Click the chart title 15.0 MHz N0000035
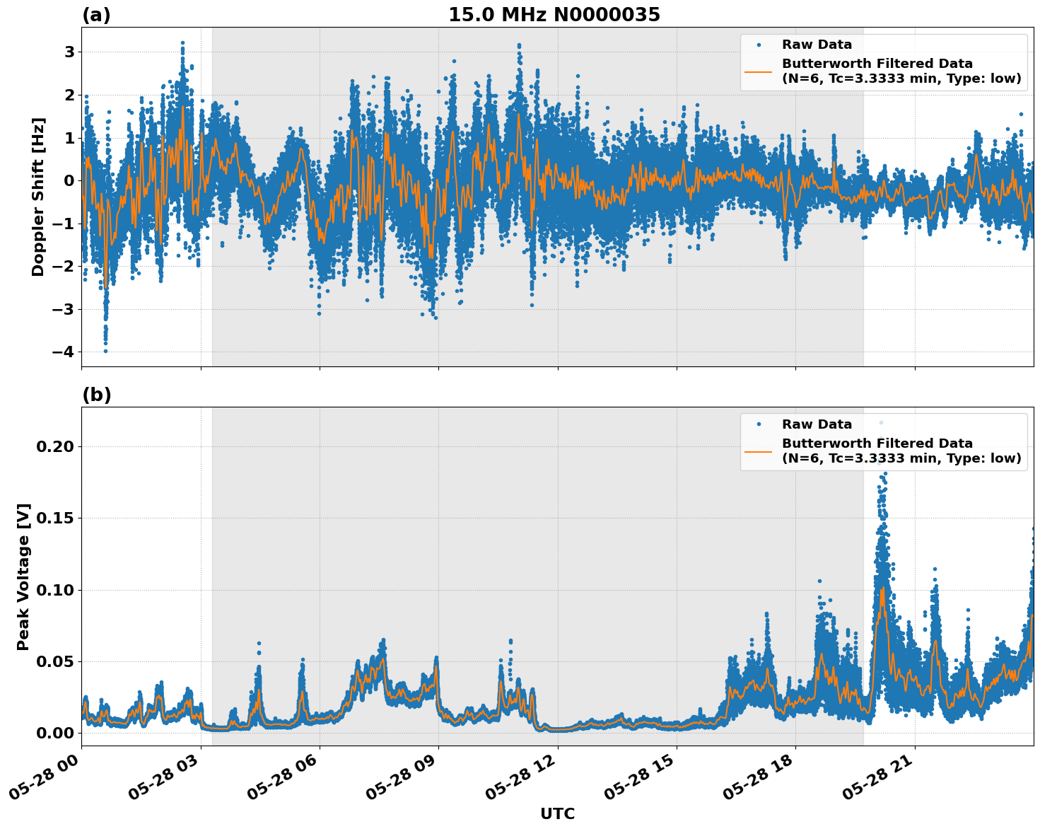click(554, 15)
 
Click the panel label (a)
click(96, 15)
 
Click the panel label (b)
click(96, 395)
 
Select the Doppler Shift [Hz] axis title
click(38, 197)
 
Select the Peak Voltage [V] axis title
click(23, 576)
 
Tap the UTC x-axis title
click(557, 813)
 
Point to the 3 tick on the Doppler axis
click(69, 52)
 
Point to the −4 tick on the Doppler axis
click(64, 352)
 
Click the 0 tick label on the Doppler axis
click(69, 181)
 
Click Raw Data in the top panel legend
click(817, 45)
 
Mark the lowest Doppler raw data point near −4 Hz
click(106, 351)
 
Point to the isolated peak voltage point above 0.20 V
click(881, 423)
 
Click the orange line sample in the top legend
click(759, 71)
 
